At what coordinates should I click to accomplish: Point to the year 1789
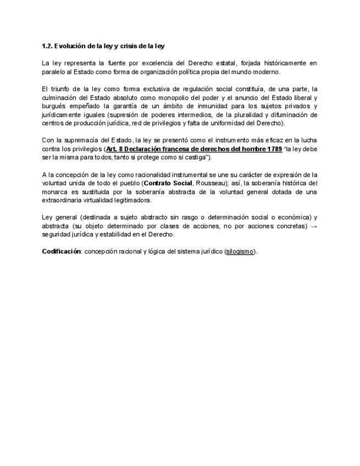point(273,149)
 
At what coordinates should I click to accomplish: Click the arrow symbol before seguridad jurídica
point(313,226)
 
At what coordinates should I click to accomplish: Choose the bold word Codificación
point(62,252)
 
